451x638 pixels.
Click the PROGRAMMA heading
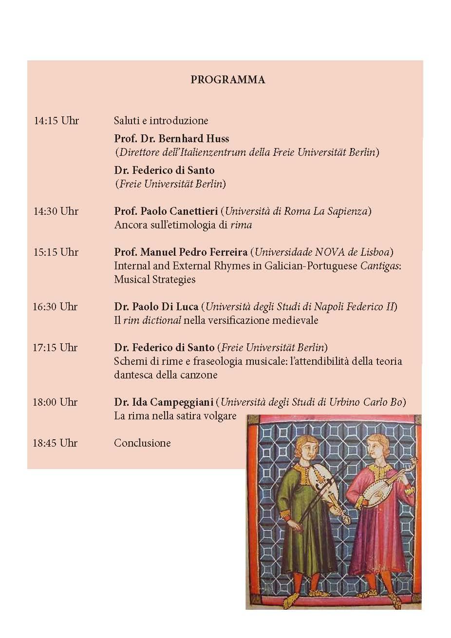(x=227, y=80)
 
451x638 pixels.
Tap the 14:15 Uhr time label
(x=56, y=121)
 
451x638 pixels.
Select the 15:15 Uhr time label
(x=56, y=252)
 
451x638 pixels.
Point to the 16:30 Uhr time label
(x=56, y=307)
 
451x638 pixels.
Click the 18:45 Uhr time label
(x=56, y=443)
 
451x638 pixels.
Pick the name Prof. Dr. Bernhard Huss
(x=171, y=139)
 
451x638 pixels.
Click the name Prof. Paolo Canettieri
(x=166, y=211)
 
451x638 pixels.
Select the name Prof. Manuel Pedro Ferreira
(x=181, y=252)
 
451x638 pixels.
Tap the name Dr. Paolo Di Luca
(x=156, y=307)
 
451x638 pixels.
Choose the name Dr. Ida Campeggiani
(x=164, y=402)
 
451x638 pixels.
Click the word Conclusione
(x=142, y=443)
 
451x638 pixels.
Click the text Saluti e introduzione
(x=161, y=121)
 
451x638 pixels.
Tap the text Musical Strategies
(x=154, y=280)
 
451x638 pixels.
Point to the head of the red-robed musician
(x=378, y=446)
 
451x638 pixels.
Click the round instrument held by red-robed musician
(x=380, y=491)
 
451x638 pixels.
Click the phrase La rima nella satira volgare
(x=175, y=416)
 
